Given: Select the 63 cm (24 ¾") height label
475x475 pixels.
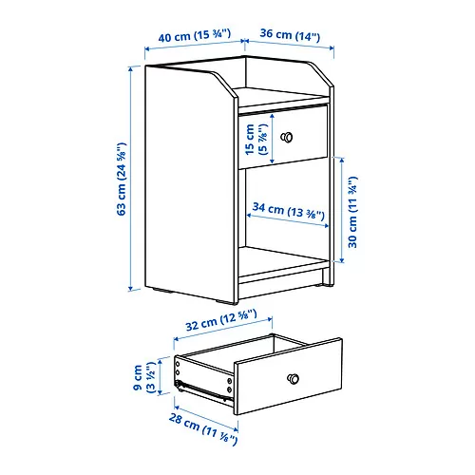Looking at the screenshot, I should click(x=121, y=180).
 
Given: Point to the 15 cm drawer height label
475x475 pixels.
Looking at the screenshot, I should click(x=256, y=138).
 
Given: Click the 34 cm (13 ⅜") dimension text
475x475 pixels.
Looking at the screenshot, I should click(x=289, y=209).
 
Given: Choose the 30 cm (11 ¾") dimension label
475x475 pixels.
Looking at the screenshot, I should click(x=354, y=211).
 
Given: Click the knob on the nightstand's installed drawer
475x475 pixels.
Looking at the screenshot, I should click(x=285, y=137).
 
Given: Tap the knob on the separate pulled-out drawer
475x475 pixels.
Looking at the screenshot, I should click(x=295, y=378).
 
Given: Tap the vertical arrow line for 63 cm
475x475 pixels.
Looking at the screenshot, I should click(x=132, y=180).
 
